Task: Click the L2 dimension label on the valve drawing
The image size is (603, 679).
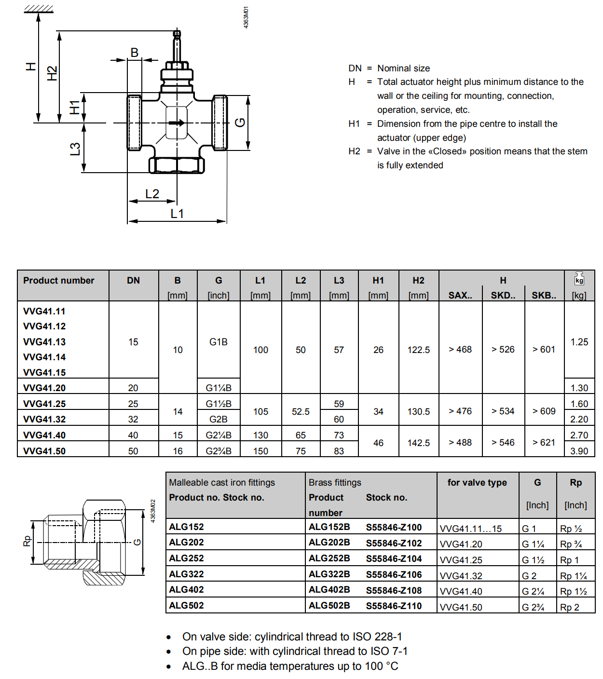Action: click(x=152, y=194)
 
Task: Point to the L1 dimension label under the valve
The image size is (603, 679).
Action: click(x=177, y=214)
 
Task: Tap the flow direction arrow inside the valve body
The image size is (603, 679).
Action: click(x=177, y=122)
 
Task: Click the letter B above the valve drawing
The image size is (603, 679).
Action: click(x=135, y=53)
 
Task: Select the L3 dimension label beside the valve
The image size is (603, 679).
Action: click(x=75, y=149)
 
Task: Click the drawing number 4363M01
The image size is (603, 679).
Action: click(x=246, y=17)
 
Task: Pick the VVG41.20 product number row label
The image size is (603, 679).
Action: click(x=44, y=388)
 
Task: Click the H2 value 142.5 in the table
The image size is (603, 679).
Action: click(x=418, y=443)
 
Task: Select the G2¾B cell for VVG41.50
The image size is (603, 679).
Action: click(x=219, y=451)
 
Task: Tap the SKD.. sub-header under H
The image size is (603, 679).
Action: click(x=503, y=295)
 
